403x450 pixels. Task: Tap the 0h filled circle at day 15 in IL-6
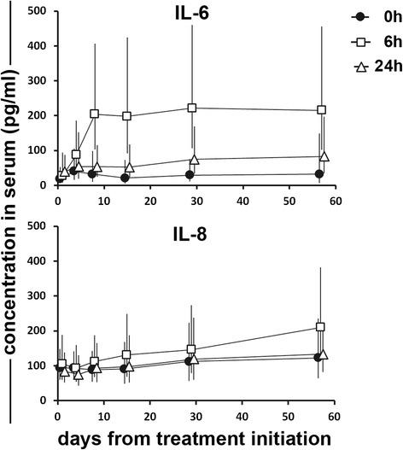(x=125, y=178)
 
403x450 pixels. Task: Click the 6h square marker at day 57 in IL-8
(x=321, y=327)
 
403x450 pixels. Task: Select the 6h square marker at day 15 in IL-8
(x=126, y=354)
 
